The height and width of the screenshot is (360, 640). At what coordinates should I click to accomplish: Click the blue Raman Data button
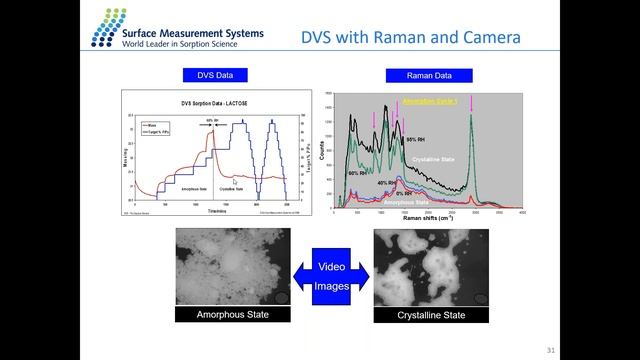coord(428,75)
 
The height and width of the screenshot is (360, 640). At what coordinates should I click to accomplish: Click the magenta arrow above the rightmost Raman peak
coord(473,104)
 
